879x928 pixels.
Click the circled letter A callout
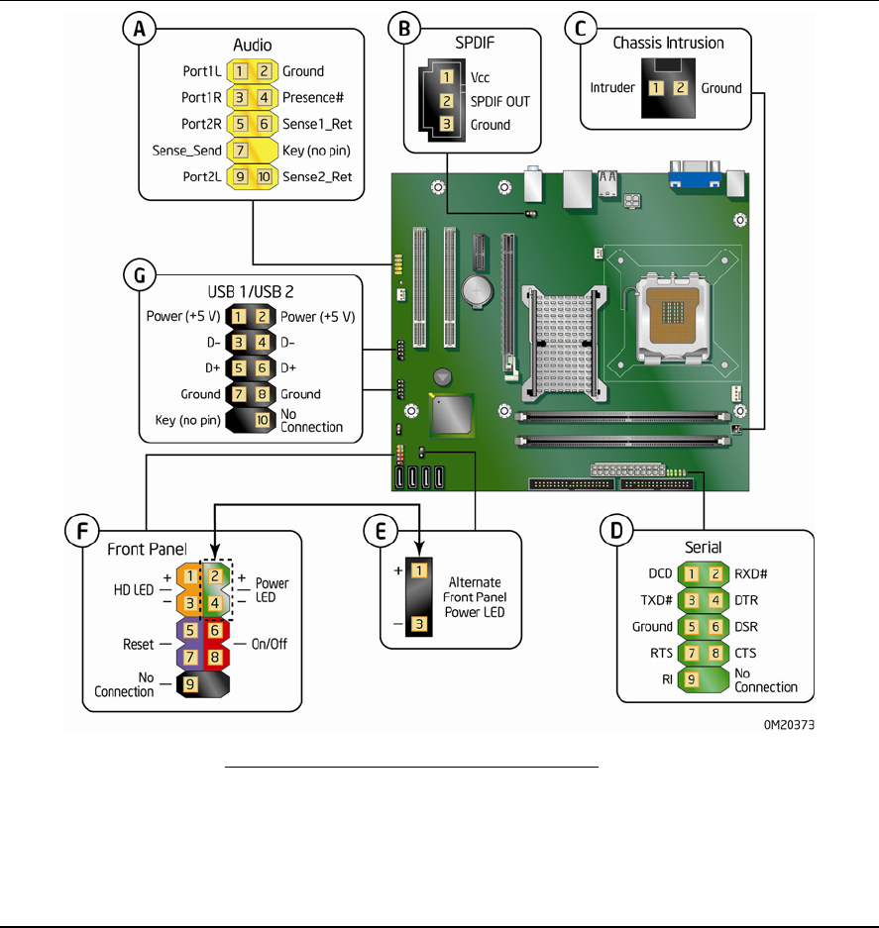139,32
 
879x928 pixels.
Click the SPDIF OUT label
499,101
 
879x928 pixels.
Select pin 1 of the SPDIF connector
447,77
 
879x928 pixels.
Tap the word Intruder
611,87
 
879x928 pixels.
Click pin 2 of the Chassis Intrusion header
680,88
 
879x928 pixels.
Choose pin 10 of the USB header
264,420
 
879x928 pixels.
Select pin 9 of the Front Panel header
190,682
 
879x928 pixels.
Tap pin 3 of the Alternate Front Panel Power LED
419,623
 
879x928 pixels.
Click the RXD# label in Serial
752,572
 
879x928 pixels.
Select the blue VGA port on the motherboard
691,179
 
